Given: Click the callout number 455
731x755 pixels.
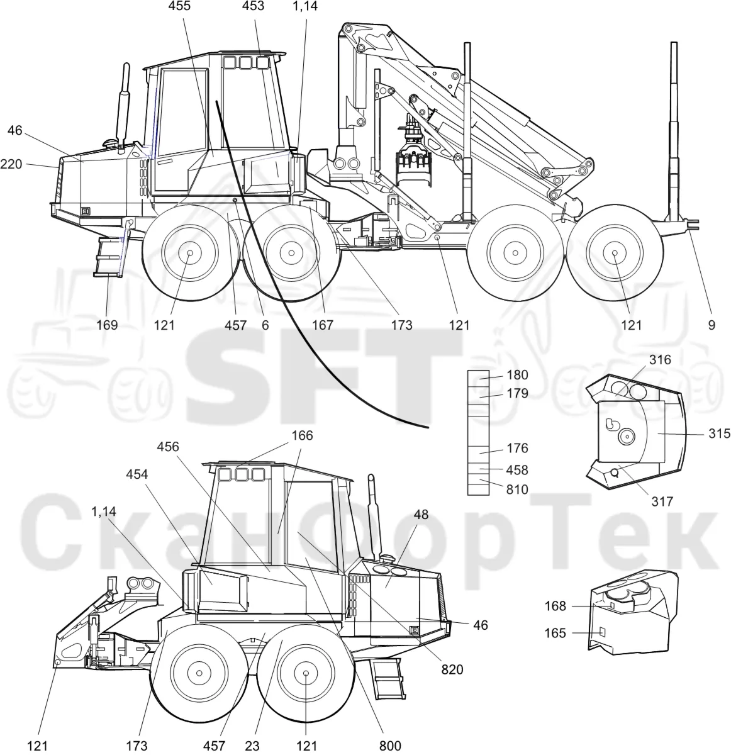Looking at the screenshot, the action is click(179, 6).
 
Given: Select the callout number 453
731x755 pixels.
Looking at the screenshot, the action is click(253, 6).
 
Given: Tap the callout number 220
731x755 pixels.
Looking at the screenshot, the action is click(11, 164).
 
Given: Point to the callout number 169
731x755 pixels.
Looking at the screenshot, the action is click(107, 325).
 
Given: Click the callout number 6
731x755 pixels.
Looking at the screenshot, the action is click(265, 325).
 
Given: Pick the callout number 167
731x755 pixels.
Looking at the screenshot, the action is click(323, 325).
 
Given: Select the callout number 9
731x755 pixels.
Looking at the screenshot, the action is click(711, 325).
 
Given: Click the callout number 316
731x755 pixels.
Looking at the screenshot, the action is click(660, 360).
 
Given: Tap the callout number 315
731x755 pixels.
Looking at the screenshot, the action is click(719, 433).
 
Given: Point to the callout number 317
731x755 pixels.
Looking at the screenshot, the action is click(662, 501).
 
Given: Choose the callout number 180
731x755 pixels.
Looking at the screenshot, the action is click(518, 375).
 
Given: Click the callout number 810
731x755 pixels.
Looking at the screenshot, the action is click(518, 489).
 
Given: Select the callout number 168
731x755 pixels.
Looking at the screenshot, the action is click(555, 606).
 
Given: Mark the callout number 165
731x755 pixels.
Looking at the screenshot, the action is click(555, 633).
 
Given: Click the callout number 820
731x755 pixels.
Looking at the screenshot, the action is click(452, 669).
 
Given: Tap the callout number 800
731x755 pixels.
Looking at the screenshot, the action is click(390, 746).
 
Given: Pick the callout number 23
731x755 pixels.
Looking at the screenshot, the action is click(252, 746).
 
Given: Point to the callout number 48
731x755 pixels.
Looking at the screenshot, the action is click(421, 514).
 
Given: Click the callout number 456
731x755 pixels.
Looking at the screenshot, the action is click(168, 447).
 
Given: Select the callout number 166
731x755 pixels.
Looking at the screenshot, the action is click(302, 435).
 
